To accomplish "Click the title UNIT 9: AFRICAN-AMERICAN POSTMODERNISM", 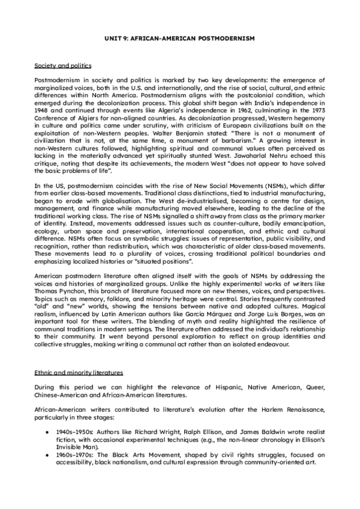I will [x=179, y=37].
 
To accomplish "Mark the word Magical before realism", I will [x=312, y=306].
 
